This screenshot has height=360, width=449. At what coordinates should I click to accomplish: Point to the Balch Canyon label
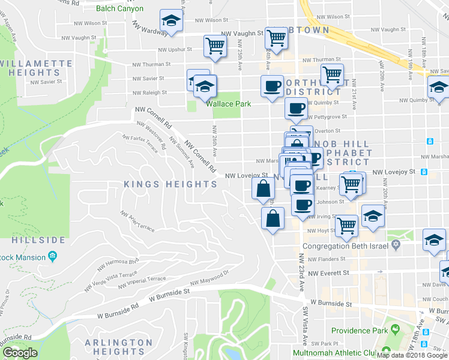[x=122, y=8]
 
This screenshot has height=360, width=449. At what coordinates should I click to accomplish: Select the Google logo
[x=20, y=353]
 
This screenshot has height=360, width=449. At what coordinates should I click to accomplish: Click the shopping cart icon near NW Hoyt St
[x=346, y=226]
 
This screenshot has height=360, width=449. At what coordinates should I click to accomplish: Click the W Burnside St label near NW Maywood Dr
[x=169, y=292]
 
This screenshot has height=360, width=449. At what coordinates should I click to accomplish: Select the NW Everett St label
[x=328, y=273]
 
